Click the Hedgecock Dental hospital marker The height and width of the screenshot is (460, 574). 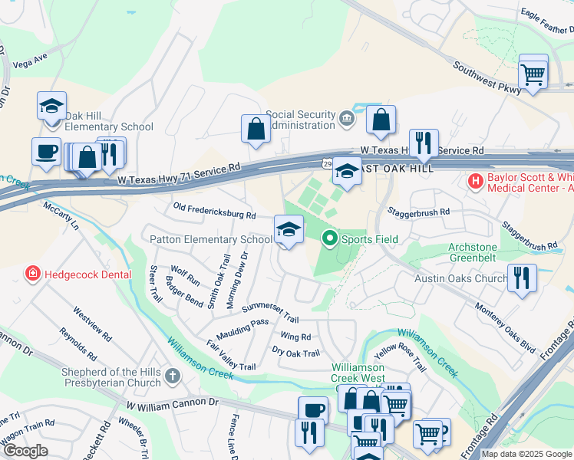33,273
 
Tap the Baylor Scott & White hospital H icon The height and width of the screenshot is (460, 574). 476,182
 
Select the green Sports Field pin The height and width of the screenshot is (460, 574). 330,239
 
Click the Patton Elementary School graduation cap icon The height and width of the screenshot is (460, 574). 289,229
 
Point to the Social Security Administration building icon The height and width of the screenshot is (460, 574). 347,120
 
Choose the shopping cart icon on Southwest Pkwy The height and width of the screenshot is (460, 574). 533,74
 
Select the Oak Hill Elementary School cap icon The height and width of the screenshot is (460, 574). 51,105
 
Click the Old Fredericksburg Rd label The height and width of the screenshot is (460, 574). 214,211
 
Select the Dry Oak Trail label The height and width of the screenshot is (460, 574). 295,353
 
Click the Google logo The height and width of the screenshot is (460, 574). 25,451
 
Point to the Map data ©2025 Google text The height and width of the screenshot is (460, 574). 526,454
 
